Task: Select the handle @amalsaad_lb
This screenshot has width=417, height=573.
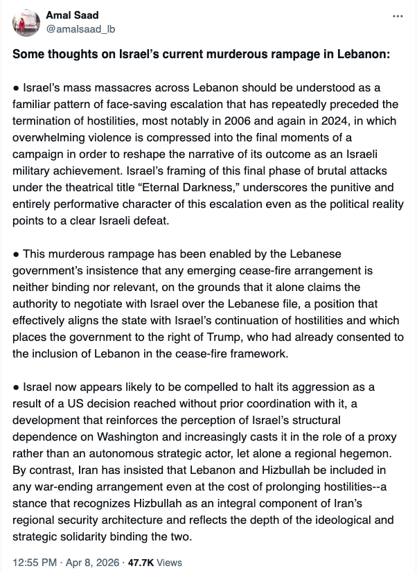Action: [x=77, y=28]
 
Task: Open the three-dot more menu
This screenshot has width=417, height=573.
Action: [x=397, y=16]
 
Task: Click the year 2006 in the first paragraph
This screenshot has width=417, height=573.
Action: [x=218, y=120]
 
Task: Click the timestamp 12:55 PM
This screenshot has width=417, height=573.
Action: [x=34, y=563]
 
